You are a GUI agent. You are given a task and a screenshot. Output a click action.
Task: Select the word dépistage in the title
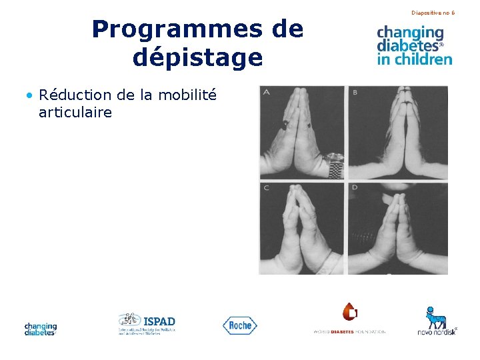coord(197,57)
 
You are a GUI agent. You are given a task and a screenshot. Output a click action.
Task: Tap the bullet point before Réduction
coord(30,95)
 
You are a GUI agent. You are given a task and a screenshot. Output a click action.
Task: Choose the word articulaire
coord(75,112)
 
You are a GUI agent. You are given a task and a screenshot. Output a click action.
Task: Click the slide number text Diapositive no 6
coord(433,13)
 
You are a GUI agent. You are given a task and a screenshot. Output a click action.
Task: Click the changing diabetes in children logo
coord(414,45)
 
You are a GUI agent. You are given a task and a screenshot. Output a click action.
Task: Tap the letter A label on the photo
coord(267,92)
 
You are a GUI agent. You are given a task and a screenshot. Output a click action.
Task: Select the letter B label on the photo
coord(355,92)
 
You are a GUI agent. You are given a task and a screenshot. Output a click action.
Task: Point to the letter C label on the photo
coord(267,188)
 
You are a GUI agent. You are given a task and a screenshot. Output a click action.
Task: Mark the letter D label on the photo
coord(355,188)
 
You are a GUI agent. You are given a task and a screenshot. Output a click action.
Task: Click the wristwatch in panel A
coord(335,164)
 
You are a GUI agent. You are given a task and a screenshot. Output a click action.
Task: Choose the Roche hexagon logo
coord(239,325)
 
